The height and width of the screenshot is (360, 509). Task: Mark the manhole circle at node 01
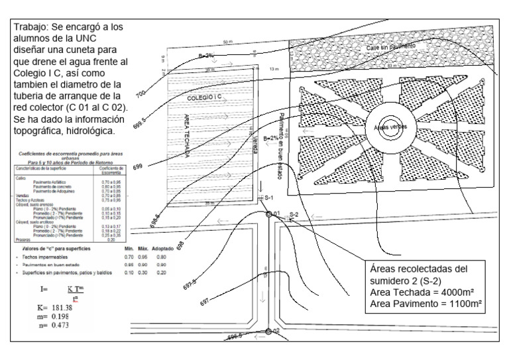coord(269,214)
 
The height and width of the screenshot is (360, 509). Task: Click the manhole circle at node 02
coord(268,331)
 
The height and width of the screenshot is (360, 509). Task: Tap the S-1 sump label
coord(268,198)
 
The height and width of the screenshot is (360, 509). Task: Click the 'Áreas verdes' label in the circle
coord(390,127)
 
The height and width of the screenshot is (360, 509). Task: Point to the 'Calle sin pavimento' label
coord(393,48)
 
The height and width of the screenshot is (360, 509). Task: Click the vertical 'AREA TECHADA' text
coord(187,133)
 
